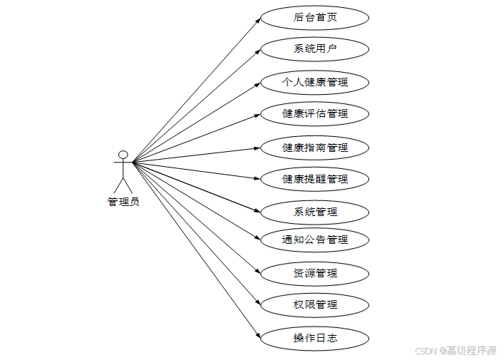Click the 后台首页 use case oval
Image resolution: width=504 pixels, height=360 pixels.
coord(314,17)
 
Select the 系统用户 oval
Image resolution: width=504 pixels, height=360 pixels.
coord(314,49)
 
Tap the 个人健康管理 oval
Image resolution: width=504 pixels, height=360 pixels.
coord(314,82)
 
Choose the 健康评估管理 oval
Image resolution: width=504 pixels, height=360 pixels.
coord(314,113)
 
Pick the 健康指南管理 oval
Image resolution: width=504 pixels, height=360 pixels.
coord(314,148)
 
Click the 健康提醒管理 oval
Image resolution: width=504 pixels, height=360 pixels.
coord(314,178)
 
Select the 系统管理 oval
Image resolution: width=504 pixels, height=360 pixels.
coord(314,212)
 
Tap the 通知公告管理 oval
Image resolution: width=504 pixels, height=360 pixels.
coord(314,240)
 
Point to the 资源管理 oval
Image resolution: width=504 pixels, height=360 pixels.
coord(314,273)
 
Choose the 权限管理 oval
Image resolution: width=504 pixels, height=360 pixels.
coord(314,304)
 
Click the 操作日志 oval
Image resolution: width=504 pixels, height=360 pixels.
coord(314,338)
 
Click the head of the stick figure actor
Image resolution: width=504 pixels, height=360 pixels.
coord(123,154)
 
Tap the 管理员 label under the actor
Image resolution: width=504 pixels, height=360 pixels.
coord(123,202)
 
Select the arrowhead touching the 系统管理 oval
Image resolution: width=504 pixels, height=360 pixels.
coord(257,210)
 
